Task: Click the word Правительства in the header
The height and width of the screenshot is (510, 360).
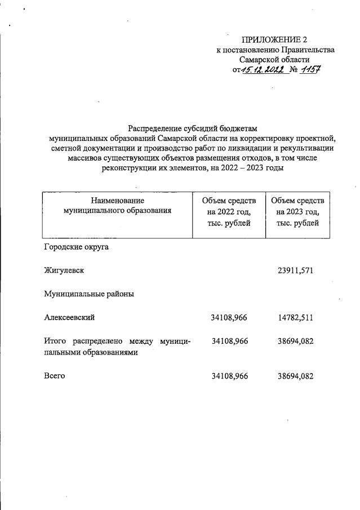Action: click(x=306, y=50)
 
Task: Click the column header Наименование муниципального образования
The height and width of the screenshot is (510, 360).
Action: click(x=117, y=206)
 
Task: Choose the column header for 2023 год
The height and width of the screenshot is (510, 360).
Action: click(x=297, y=211)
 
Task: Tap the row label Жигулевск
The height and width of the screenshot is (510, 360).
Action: click(x=64, y=270)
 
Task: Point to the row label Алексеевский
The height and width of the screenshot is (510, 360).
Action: click(x=69, y=317)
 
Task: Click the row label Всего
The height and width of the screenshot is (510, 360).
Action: click(x=54, y=376)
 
